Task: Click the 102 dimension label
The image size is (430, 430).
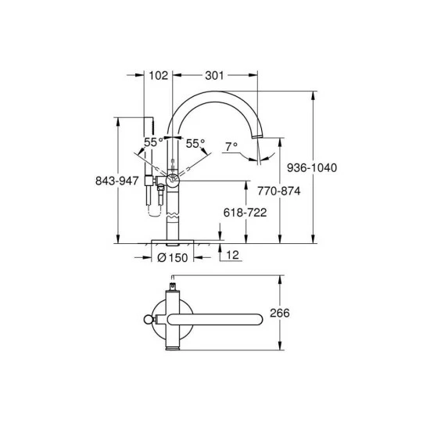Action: coord(158,75)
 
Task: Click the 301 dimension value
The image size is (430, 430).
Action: coord(214,75)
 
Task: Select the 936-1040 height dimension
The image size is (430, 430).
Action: coord(312,167)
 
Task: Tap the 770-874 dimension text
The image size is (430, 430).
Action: coord(279,191)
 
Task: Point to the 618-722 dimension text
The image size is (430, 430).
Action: coord(245,213)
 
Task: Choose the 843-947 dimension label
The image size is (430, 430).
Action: coord(117,181)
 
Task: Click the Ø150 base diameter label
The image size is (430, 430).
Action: coord(173,258)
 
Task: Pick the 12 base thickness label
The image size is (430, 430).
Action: coord(232,256)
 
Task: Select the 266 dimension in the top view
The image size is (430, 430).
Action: coord(280,313)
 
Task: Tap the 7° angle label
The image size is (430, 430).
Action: coord(231,147)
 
